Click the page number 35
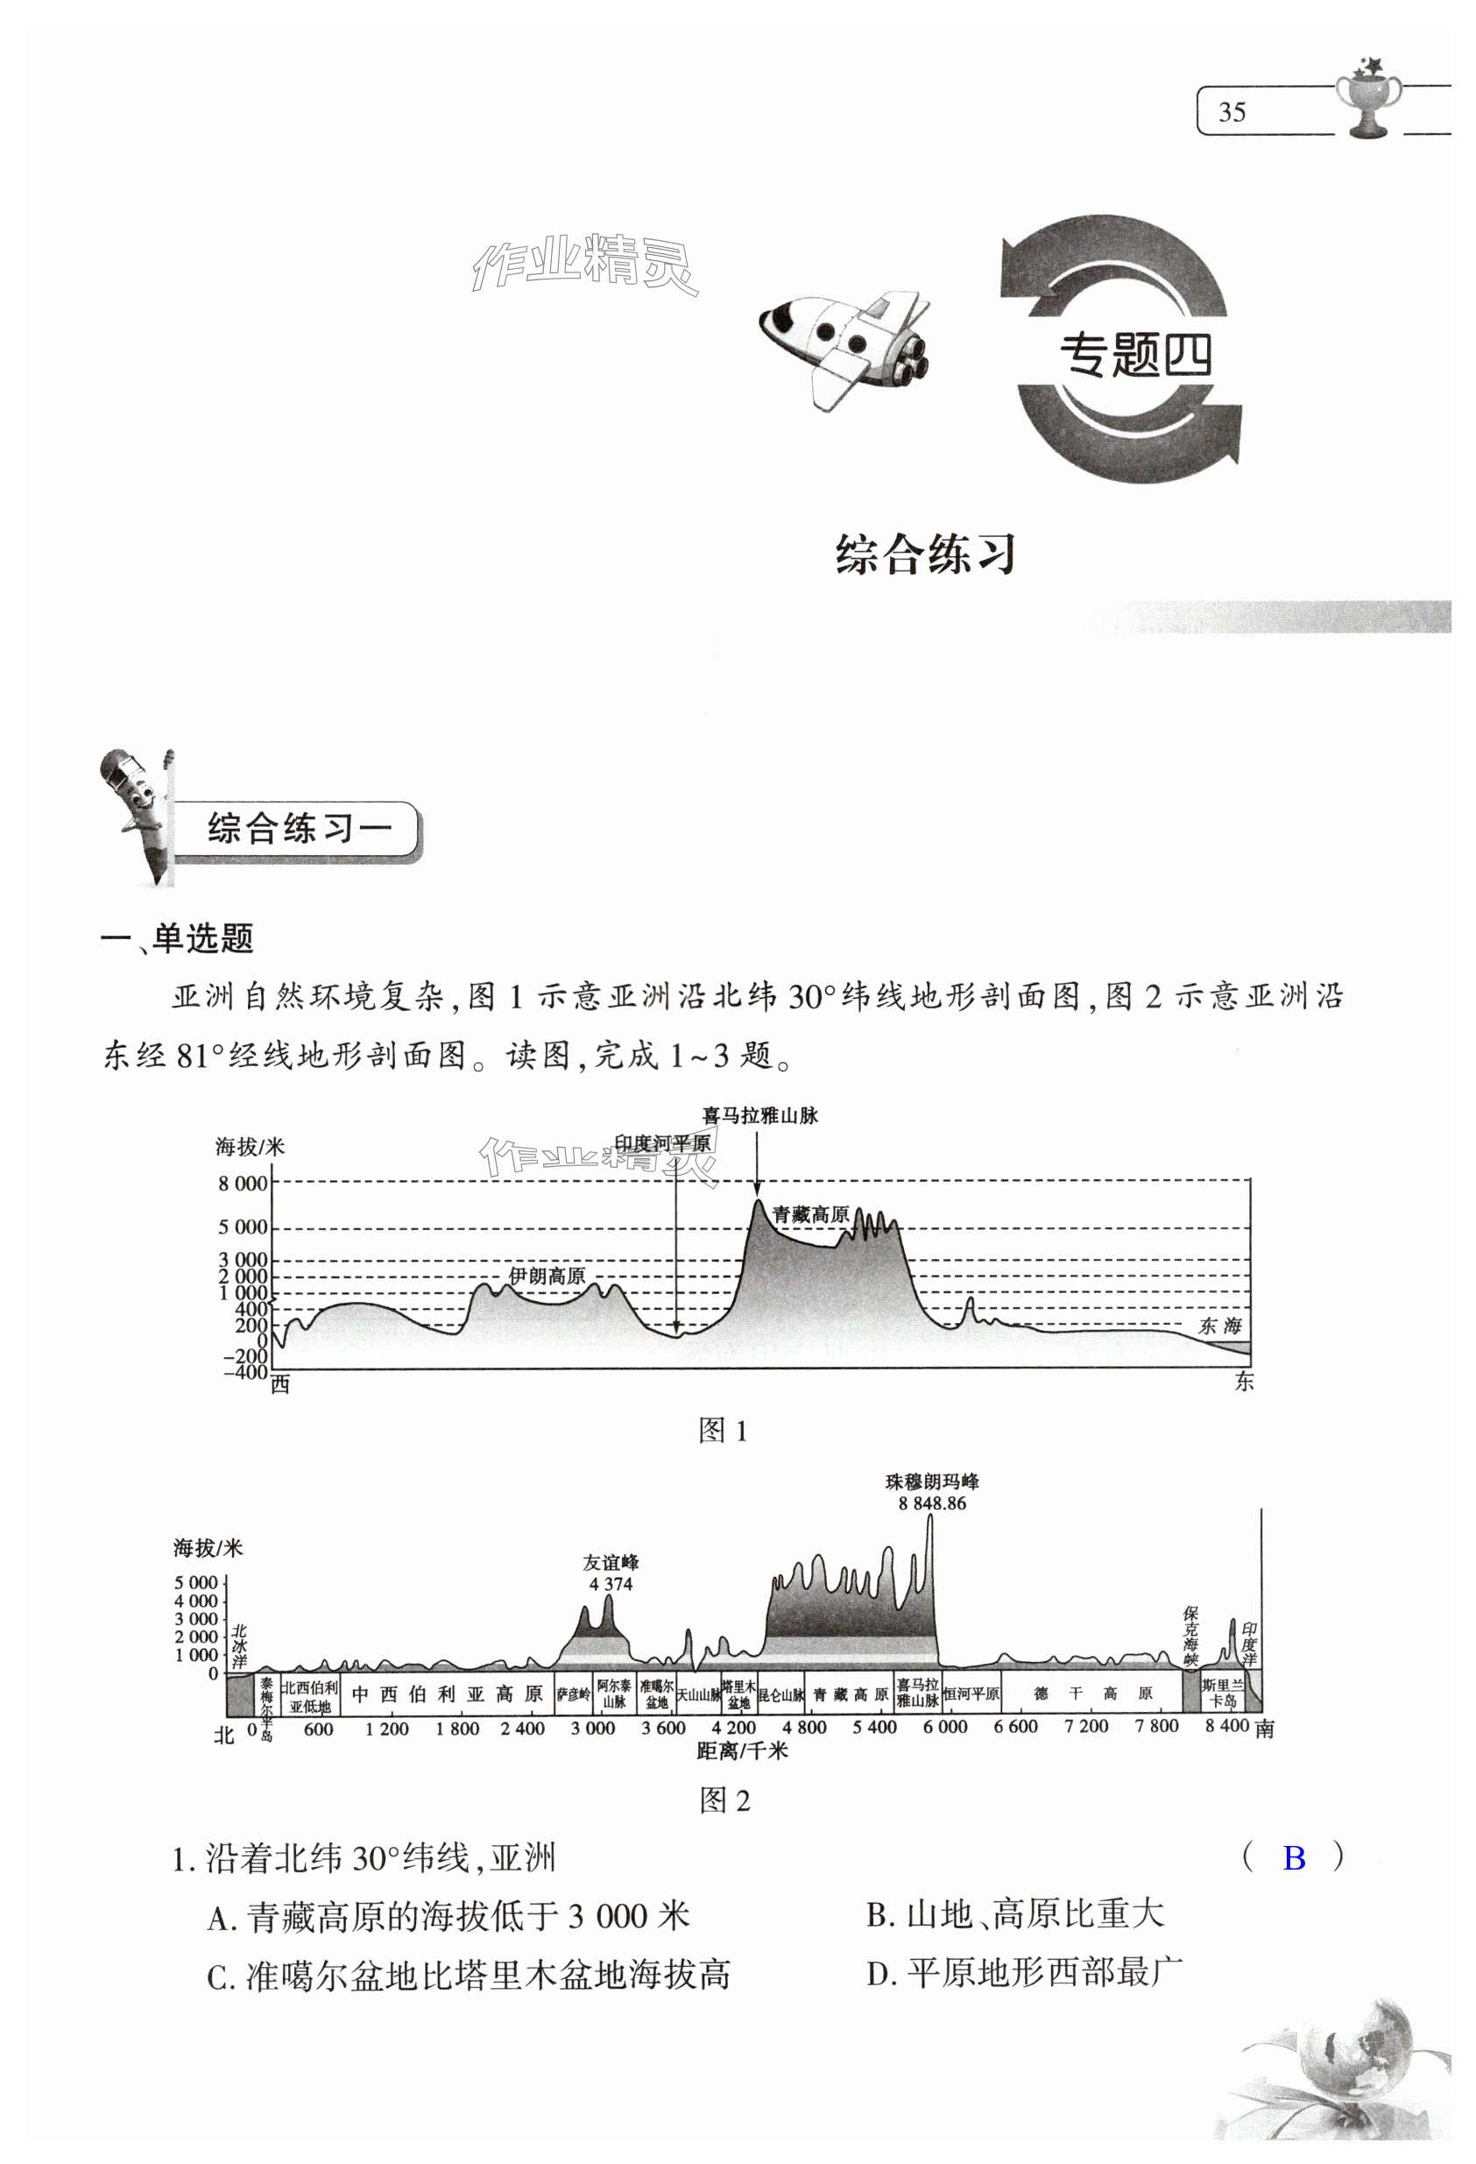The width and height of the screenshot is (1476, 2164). tap(1231, 113)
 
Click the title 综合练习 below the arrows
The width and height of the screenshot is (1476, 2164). tap(925, 555)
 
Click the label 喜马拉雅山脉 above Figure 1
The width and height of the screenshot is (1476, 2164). tap(759, 1115)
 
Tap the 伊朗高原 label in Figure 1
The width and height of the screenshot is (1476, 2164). tap(547, 1276)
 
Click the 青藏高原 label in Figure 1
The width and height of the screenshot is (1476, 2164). tap(810, 1214)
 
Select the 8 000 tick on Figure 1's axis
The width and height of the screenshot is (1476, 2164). tap(242, 1184)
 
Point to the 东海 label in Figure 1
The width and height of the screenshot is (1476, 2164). tap(1220, 1326)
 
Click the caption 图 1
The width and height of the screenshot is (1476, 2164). tap(723, 1430)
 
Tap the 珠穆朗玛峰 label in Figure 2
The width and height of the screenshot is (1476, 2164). tap(931, 1482)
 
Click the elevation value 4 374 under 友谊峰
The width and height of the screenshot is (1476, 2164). tap(611, 1584)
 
